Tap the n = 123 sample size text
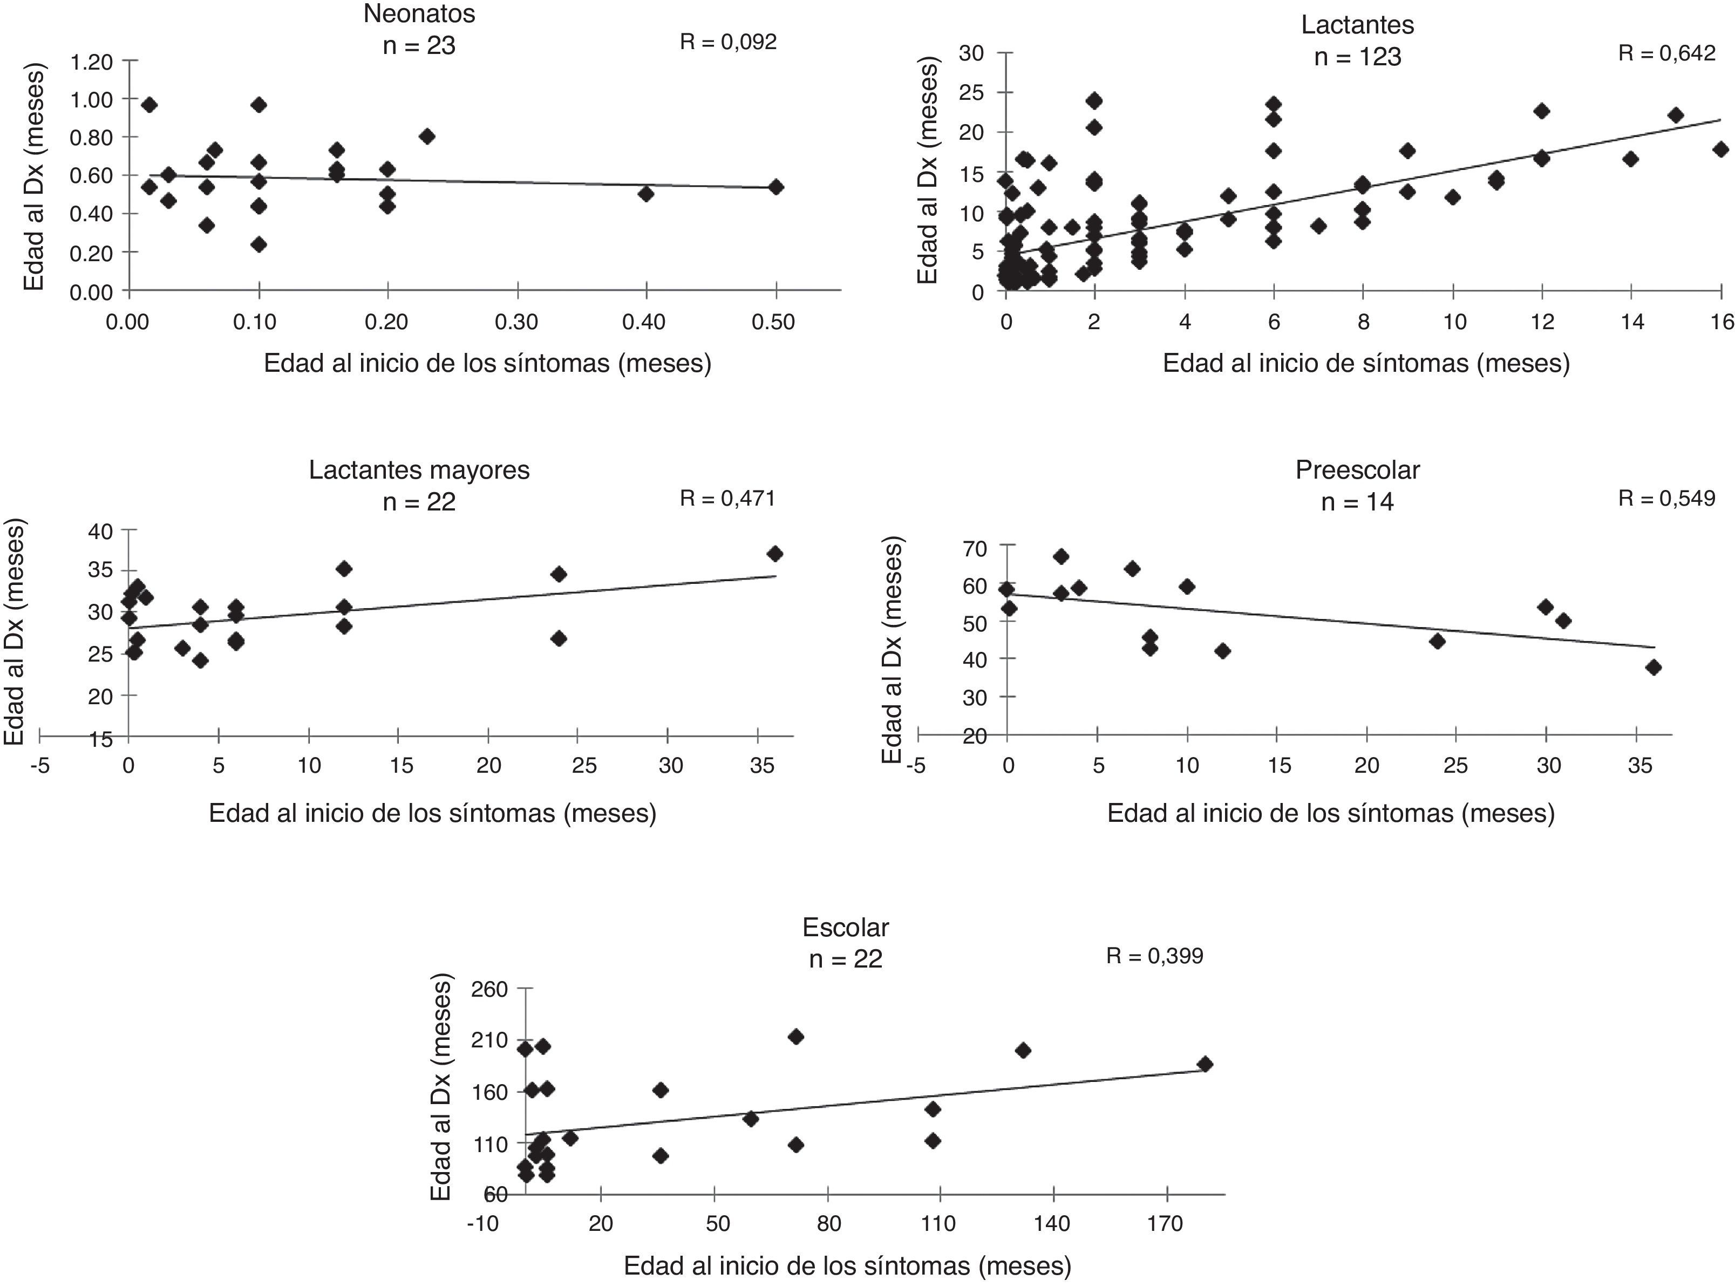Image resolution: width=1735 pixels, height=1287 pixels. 1357,57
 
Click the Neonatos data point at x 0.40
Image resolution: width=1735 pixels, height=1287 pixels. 646,193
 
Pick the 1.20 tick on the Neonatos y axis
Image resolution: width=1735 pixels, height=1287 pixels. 92,62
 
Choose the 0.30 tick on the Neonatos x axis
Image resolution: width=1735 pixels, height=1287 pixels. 516,322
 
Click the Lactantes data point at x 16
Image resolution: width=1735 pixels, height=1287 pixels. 1721,149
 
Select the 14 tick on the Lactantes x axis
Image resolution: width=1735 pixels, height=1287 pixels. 1631,322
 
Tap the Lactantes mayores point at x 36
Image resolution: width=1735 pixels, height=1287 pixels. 774,554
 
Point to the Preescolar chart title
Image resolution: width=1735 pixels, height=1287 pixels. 1357,470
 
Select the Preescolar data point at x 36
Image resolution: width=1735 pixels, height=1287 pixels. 1653,668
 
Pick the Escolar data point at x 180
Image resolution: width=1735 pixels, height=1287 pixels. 1205,1064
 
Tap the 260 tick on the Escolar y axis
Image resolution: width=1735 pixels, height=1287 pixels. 490,990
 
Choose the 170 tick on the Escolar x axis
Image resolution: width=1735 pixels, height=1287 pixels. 1165,1224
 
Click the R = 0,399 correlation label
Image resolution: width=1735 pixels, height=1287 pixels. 1154,956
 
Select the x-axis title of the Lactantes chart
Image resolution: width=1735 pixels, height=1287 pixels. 1366,363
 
